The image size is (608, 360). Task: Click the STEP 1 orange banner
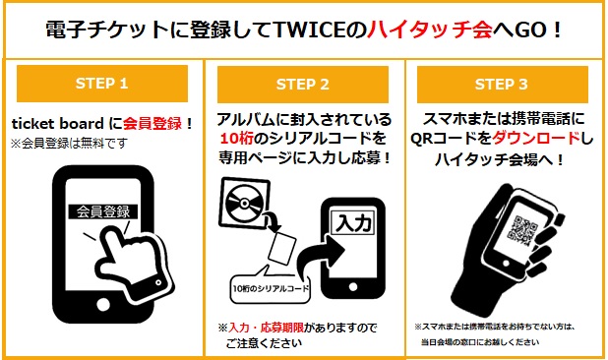pyautogui.click(x=102, y=84)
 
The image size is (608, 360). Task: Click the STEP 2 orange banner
pyautogui.click(x=304, y=84)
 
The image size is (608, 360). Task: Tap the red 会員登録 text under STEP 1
pyautogui.click(x=154, y=124)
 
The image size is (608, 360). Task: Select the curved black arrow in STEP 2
pyautogui.click(x=313, y=258)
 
